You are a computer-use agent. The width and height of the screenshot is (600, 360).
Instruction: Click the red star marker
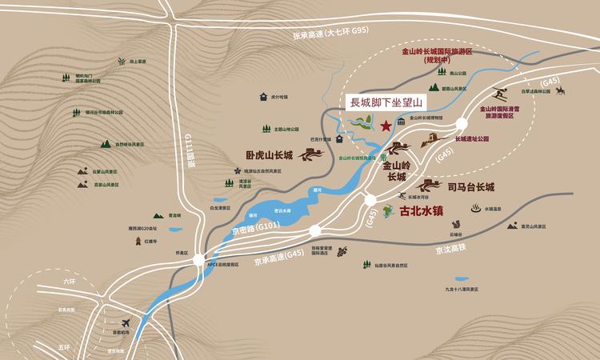(x=386, y=126)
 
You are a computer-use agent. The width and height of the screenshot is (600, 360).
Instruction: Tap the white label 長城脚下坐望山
(x=385, y=103)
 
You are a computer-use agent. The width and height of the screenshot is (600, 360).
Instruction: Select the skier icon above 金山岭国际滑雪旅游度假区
(x=500, y=92)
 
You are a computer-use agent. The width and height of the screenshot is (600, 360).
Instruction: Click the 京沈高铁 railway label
(x=454, y=250)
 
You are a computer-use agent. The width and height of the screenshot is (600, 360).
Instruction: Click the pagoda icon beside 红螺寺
(x=138, y=239)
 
